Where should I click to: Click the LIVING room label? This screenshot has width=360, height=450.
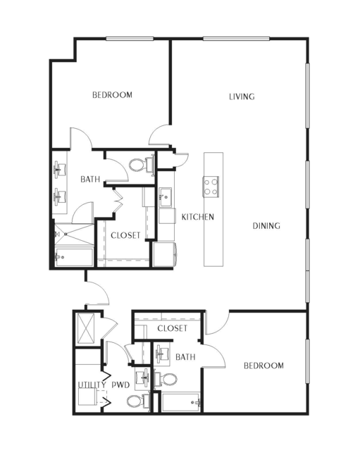[x=242, y=96]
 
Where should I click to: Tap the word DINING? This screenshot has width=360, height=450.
[x=266, y=226]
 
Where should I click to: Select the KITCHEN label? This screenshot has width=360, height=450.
[x=198, y=217]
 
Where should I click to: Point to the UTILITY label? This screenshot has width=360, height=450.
[x=92, y=385]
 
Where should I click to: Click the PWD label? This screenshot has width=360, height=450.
[x=120, y=385]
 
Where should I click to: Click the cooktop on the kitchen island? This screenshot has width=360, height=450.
[x=211, y=187]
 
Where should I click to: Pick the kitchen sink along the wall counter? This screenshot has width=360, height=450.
[x=166, y=197]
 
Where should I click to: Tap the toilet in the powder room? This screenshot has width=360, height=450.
[x=138, y=401]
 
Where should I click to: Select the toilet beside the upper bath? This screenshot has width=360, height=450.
[x=141, y=165]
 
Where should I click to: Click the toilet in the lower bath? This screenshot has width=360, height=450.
[x=166, y=380]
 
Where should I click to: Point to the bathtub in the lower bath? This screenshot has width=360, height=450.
[x=181, y=402]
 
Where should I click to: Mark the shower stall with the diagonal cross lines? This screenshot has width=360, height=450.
[x=74, y=235]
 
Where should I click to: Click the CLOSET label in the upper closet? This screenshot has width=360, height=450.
[x=125, y=235]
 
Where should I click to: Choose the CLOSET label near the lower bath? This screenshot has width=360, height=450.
[x=172, y=328]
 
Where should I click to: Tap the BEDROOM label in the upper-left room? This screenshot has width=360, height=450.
[x=112, y=94]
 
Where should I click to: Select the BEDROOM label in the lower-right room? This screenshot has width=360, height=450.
[x=263, y=365]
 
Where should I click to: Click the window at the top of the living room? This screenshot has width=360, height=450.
[x=236, y=39]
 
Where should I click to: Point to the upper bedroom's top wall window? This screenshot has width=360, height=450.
[x=130, y=39]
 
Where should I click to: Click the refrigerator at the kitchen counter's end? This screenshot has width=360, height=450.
[x=164, y=254]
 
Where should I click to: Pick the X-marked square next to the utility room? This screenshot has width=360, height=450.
[x=87, y=328]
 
